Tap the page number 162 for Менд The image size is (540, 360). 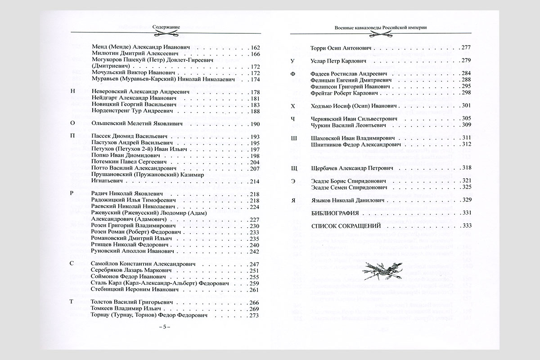pyautogui.click(x=255, y=48)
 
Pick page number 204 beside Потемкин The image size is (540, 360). pyautogui.click(x=255, y=162)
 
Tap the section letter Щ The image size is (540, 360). pyautogui.click(x=294, y=168)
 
